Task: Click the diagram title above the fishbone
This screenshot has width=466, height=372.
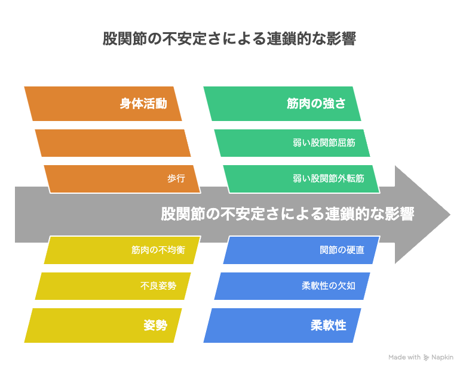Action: tap(229, 39)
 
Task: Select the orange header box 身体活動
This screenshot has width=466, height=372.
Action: tap(103, 104)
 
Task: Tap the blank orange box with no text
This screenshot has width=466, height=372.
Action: tap(113, 143)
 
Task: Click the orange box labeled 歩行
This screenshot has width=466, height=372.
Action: tap(122, 179)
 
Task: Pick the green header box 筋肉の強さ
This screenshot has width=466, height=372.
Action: tap(282, 104)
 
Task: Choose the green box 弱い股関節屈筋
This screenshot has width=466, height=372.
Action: tap(292, 143)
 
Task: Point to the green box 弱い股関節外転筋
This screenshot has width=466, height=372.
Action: tap(301, 179)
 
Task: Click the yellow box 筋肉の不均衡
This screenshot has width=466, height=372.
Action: tap(122, 250)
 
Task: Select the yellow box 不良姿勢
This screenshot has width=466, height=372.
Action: tap(113, 286)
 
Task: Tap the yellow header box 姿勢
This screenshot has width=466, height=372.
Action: tap(103, 325)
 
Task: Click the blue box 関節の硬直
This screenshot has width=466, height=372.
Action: tap(301, 250)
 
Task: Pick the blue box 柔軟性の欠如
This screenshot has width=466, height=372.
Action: tap(292, 286)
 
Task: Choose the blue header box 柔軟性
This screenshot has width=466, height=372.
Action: tap(282, 325)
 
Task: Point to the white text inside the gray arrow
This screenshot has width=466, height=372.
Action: tap(287, 214)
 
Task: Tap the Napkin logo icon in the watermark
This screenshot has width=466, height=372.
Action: tap(426, 358)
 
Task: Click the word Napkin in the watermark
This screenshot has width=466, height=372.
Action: tap(443, 358)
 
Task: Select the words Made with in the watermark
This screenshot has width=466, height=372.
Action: tap(404, 357)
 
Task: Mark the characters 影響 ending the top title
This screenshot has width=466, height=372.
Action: tap(342, 39)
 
